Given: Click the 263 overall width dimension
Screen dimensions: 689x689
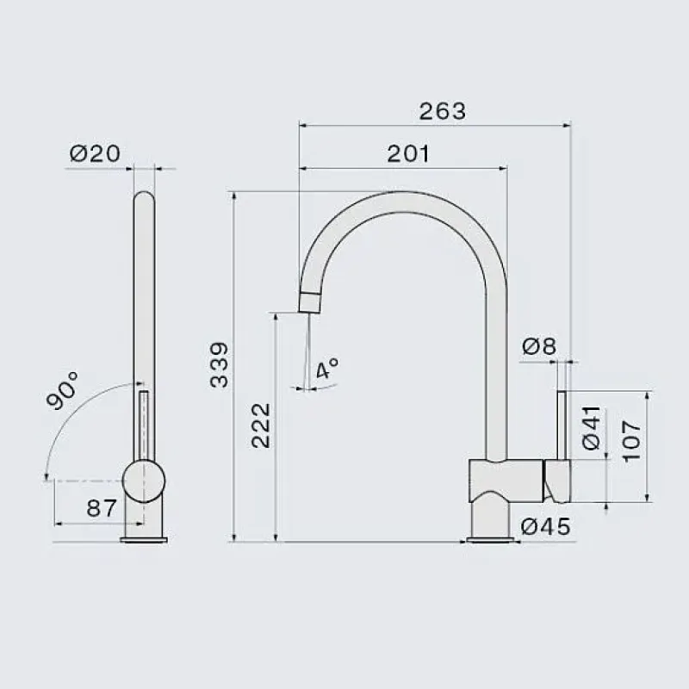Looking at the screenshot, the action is pyautogui.click(x=442, y=111).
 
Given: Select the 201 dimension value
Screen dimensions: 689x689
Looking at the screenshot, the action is pyautogui.click(x=408, y=154).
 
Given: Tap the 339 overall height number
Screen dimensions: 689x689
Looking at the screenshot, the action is pyautogui.click(x=220, y=365).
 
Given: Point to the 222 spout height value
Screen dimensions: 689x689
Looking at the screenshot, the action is pyautogui.click(x=261, y=425).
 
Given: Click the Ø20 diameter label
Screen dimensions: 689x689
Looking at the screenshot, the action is pyautogui.click(x=95, y=153).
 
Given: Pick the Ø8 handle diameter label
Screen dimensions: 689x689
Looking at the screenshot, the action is pyautogui.click(x=539, y=346).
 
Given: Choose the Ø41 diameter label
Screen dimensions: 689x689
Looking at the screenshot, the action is pyautogui.click(x=592, y=427).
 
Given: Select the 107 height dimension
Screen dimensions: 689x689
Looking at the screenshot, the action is pyautogui.click(x=632, y=441).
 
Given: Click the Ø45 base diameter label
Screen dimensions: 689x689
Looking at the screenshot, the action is pyautogui.click(x=546, y=526).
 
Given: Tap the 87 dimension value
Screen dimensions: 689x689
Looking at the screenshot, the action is pyautogui.click(x=102, y=508).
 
